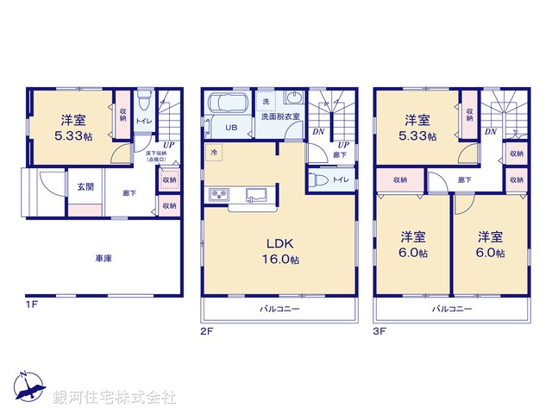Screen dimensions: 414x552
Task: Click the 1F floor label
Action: tap(31, 304)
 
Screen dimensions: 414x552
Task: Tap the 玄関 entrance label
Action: tap(85, 187)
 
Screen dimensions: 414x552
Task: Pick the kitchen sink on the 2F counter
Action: tap(257, 193)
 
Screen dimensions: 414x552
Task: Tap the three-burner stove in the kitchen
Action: tap(216, 193)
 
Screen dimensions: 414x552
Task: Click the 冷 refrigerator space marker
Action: tap(212, 152)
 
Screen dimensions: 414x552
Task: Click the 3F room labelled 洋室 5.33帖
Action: tap(418, 127)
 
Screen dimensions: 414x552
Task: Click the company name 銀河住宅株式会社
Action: tap(115, 398)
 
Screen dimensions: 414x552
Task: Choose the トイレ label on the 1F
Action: tap(142, 121)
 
